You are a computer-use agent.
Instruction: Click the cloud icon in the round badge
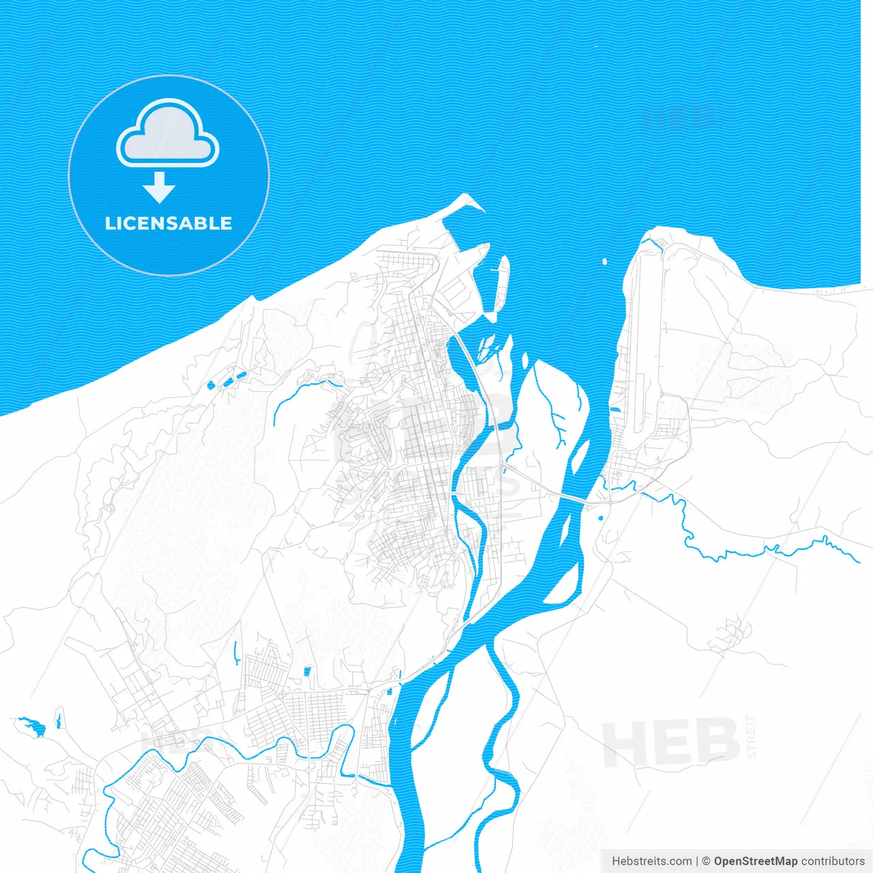[x=168, y=134]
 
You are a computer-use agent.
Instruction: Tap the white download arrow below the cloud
[x=160, y=188]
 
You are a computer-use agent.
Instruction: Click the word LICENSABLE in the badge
[x=168, y=223]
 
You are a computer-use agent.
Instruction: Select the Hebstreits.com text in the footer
[x=651, y=861]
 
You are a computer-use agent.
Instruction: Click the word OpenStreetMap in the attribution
[x=755, y=861]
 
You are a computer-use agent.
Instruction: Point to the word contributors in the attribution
[x=833, y=861]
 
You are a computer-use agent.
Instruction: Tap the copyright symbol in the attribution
[x=706, y=861]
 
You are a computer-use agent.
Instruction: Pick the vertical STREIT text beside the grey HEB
[x=752, y=737]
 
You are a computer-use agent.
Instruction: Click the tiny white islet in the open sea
[x=604, y=261]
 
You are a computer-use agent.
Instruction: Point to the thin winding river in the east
[x=750, y=549]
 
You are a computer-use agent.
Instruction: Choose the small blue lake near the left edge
[x=32, y=726]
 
